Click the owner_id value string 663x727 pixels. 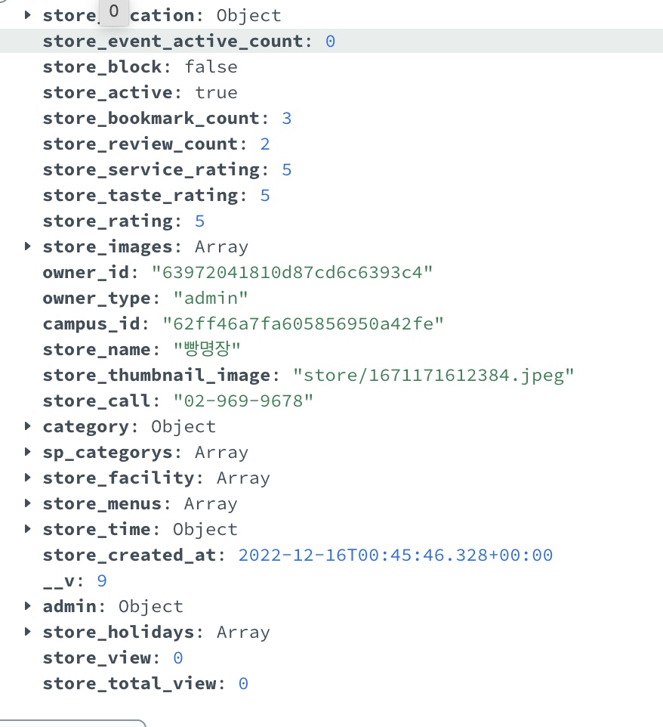tap(292, 272)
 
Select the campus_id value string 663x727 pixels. tap(304, 323)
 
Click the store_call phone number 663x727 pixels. tap(243, 401)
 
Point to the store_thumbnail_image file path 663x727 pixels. tap(434, 375)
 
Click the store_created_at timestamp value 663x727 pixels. tap(396, 555)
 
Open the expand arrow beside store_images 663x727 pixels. tap(28, 246)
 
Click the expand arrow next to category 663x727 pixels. tap(28, 426)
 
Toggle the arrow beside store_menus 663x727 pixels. tap(28, 503)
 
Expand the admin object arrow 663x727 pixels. tap(28, 606)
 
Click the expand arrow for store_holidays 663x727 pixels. tap(28, 632)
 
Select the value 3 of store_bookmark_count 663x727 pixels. tap(287, 118)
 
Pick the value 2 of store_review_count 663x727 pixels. tap(265, 144)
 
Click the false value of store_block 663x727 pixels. tap(211, 67)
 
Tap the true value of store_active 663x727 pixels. tap(216, 92)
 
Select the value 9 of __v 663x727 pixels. tap(102, 580)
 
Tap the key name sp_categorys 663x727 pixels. tap(112, 452)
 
